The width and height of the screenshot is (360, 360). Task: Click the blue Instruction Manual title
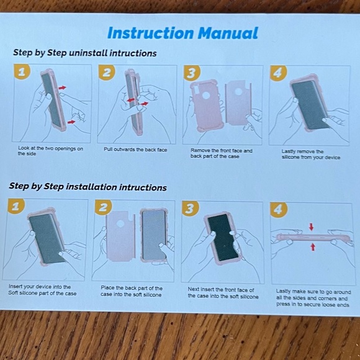182,34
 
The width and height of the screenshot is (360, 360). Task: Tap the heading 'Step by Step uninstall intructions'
84,53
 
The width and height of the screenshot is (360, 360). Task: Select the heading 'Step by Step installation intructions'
88,187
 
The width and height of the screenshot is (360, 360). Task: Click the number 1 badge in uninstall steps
22,71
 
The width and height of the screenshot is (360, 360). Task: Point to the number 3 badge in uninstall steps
192,73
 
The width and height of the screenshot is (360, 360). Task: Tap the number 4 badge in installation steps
279,210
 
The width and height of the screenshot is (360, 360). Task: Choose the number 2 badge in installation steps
103,207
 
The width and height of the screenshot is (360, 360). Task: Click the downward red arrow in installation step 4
312,227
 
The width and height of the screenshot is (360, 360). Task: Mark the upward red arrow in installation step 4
313,247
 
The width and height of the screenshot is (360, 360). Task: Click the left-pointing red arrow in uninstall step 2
131,100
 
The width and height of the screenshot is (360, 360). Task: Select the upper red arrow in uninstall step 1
62,88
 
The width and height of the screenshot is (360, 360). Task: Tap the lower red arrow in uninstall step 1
71,122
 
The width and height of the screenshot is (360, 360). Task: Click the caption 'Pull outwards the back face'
135,150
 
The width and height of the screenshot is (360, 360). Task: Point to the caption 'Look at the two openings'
50,148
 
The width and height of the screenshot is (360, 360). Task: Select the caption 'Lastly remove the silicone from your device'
311,155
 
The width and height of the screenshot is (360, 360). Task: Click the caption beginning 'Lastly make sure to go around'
313,298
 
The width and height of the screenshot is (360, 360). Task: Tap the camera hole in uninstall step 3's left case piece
205,96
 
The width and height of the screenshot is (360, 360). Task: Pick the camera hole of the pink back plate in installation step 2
120,223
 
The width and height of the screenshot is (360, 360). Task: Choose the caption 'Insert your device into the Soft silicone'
42,290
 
